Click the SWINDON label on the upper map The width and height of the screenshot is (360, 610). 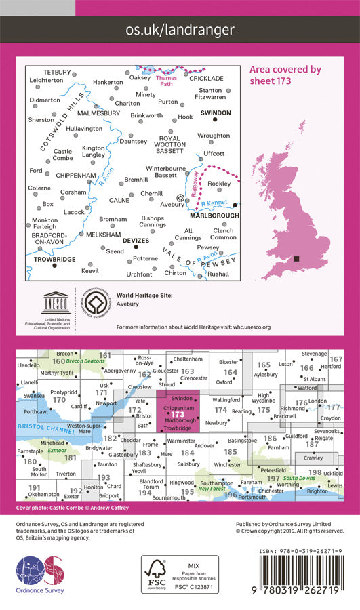(216, 113)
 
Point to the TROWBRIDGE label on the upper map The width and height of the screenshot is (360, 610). (52, 260)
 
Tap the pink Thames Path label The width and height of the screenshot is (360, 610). (166, 81)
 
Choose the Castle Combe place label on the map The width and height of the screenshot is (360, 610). (62, 155)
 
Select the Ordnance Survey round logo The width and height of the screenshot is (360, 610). (39, 573)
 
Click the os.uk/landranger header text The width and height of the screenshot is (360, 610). (180, 30)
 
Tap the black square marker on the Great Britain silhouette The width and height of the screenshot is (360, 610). (297, 259)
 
